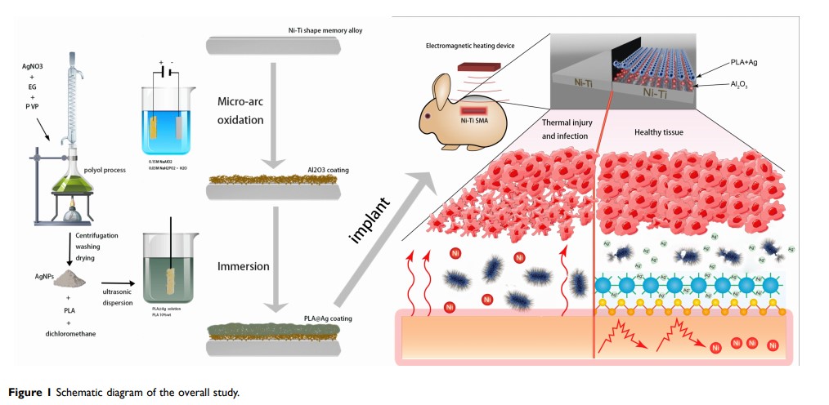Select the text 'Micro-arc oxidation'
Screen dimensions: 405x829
coord(241,111)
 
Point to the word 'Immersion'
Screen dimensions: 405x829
coord(246,266)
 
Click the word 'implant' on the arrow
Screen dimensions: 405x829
coord(365,220)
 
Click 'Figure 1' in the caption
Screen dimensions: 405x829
coord(29,394)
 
